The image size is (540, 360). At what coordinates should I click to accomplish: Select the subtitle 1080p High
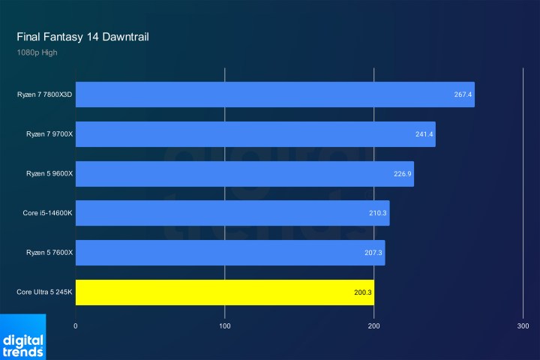pos(36,52)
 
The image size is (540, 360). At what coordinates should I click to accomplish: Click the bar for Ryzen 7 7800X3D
pos(274,94)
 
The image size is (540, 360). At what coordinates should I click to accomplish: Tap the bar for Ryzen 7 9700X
pos(255,134)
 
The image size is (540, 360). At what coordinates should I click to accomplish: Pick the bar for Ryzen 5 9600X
pos(244,173)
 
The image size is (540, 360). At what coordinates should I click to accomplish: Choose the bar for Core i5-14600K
pos(232,213)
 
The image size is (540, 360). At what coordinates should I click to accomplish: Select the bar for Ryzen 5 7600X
pos(230,253)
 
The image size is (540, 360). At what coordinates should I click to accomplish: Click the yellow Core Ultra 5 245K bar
pos(225,292)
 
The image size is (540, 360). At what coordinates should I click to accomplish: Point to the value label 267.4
pos(463,95)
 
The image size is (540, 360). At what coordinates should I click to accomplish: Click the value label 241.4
pos(424,134)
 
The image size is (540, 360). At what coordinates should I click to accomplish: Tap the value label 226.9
pos(402,174)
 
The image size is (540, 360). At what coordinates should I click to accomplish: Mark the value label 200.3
pos(363,292)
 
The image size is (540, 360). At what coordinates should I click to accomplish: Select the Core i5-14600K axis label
pos(47,214)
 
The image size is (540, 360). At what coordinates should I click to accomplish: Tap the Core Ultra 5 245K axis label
pos(44,292)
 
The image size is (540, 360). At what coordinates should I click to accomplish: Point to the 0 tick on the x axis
pos(76,326)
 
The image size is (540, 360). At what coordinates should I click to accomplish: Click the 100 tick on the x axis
pos(225,326)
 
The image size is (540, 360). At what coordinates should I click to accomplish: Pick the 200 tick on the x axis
pos(374,326)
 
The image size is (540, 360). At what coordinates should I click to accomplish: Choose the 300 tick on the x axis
pos(523,326)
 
